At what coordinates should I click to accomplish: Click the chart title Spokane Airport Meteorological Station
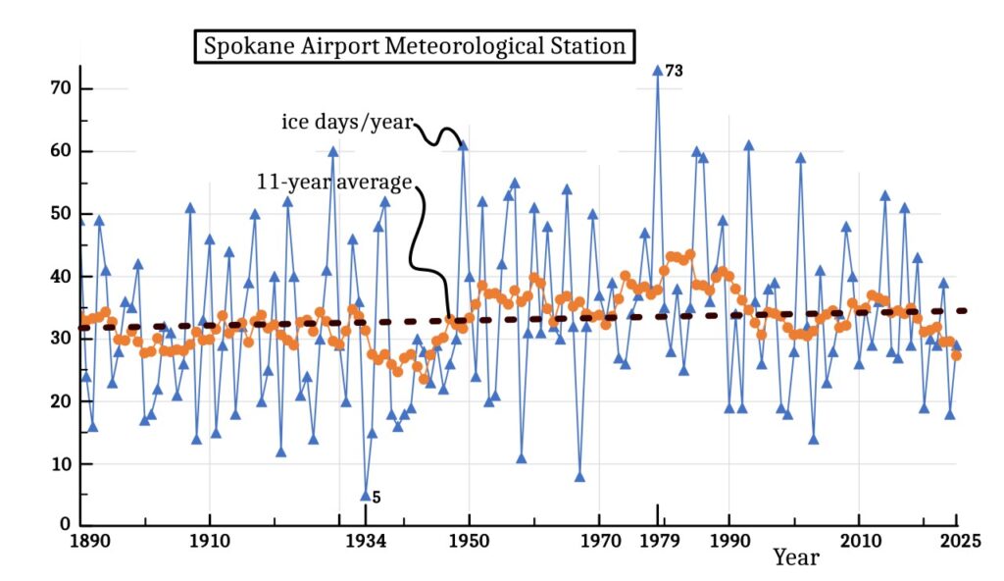(414, 46)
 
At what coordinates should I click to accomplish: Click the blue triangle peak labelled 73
(657, 71)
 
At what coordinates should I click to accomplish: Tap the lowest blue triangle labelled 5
(366, 496)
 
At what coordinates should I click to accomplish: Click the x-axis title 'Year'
(795, 557)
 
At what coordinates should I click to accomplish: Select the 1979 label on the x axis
(657, 540)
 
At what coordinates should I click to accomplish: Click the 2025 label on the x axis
(956, 540)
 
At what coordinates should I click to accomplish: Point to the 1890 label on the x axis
(80, 540)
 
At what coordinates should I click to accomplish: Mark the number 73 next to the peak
(674, 71)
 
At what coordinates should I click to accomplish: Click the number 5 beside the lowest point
(376, 498)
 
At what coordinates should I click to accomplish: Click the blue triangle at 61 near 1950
(463, 145)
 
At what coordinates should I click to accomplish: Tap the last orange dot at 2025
(956, 355)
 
